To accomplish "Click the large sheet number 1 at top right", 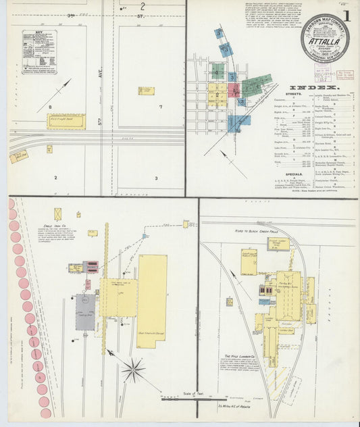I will pyautogui.click(x=346, y=16).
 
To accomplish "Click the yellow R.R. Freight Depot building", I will pyautogui.click(x=66, y=121).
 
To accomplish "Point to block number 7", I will pyautogui.click(x=161, y=107).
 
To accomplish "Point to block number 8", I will pyautogui.click(x=49, y=107).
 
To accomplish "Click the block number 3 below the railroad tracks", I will pyautogui.click(x=155, y=178).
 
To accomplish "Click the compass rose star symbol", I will pyautogui.click(x=133, y=370).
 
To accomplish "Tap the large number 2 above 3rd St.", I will pyautogui.click(x=143, y=7).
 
